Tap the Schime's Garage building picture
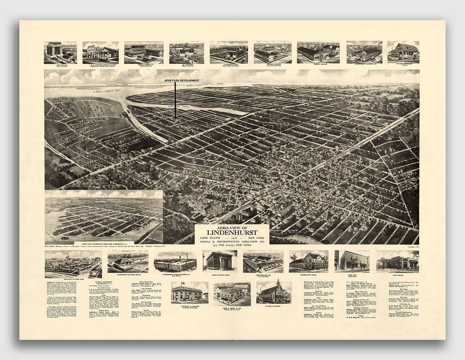[318, 51]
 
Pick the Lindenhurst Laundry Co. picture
[364, 51]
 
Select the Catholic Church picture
[274, 291]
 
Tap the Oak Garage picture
[397, 260]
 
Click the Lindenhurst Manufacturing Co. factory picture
[175, 261]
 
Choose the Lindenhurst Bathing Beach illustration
[127, 261]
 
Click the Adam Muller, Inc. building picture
[263, 261]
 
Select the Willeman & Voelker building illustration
[189, 291]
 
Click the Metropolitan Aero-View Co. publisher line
[232, 241]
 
